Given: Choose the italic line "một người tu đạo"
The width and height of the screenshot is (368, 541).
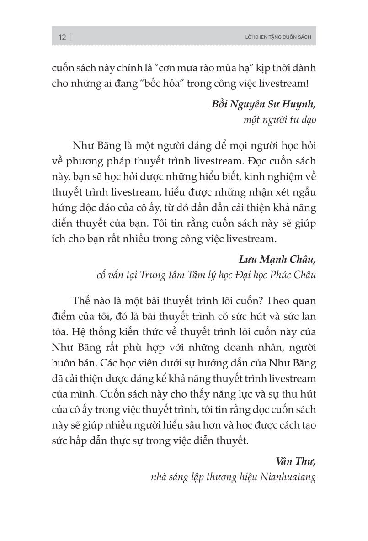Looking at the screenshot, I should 281,120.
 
